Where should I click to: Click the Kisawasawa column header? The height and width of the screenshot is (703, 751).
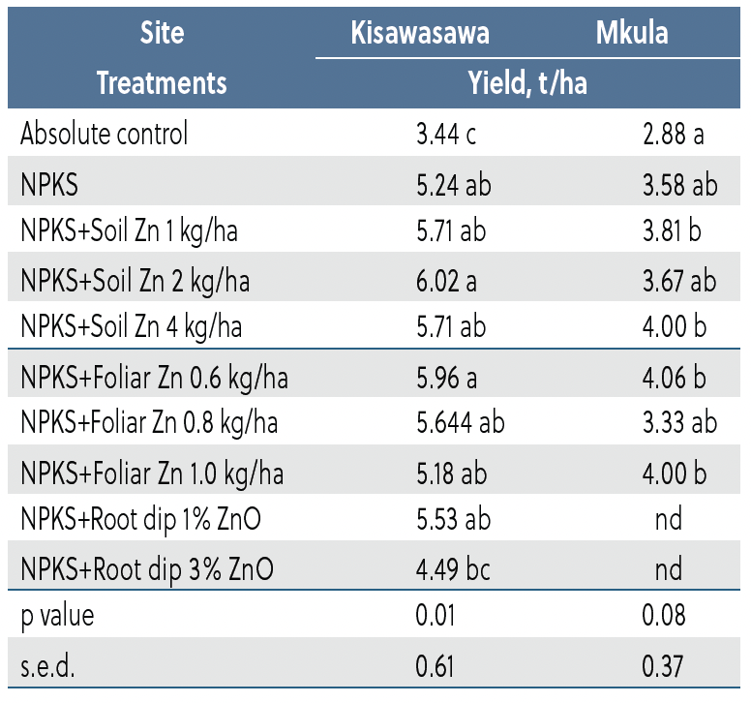point(420,34)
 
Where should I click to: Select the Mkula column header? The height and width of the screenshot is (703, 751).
point(631,34)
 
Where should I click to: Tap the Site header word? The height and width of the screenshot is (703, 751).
point(162,34)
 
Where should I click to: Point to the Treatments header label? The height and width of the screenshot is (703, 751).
point(162,83)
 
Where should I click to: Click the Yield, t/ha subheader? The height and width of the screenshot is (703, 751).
point(526,83)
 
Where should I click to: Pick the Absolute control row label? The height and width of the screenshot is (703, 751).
point(105,134)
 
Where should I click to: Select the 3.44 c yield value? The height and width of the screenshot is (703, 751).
point(445,134)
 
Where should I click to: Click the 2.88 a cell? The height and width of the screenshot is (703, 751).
point(673,134)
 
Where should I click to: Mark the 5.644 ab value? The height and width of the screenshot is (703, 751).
point(459,423)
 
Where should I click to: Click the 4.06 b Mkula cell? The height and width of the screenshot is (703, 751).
point(673,376)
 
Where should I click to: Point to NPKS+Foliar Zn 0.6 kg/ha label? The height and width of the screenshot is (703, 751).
point(154,376)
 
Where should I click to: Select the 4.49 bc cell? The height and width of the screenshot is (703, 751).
point(452,568)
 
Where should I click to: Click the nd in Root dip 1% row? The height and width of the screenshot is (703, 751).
point(668,520)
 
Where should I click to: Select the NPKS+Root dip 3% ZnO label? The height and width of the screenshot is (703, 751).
point(146,568)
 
